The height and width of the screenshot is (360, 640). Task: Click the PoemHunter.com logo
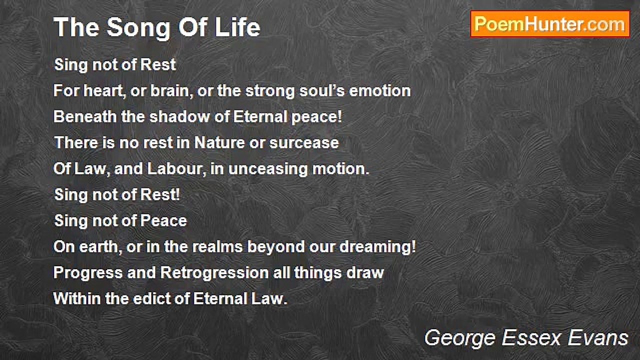coord(550,24)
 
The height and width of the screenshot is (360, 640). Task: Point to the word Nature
coord(219,143)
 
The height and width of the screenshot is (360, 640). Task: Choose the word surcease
coord(304,143)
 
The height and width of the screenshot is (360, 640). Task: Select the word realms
coord(234,247)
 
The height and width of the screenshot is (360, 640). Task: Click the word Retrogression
coord(214,273)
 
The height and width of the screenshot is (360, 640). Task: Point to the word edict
coord(152,299)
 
